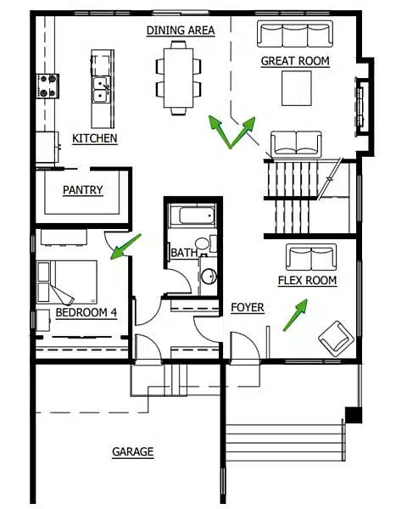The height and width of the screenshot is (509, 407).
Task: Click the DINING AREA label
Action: [180, 31]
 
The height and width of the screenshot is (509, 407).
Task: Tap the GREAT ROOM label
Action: [295, 61]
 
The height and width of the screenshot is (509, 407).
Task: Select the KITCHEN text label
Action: [95, 138]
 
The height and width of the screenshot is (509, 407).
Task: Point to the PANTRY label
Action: [83, 191]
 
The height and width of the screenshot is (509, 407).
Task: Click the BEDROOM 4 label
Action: [86, 313]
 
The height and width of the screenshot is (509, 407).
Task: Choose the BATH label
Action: [184, 253]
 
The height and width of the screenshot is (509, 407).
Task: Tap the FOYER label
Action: [247, 308]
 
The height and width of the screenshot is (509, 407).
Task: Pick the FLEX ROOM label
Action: [307, 281]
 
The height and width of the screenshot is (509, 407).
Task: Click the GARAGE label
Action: [133, 452]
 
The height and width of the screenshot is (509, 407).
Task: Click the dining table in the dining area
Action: [179, 76]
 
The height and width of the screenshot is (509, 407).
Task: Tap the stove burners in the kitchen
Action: [47, 86]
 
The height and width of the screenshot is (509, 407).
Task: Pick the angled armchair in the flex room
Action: [337, 338]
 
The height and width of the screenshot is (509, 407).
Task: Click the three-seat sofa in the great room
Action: [295, 35]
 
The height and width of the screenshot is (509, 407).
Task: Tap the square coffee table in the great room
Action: [296, 87]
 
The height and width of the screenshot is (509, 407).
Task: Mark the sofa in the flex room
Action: [311, 256]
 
